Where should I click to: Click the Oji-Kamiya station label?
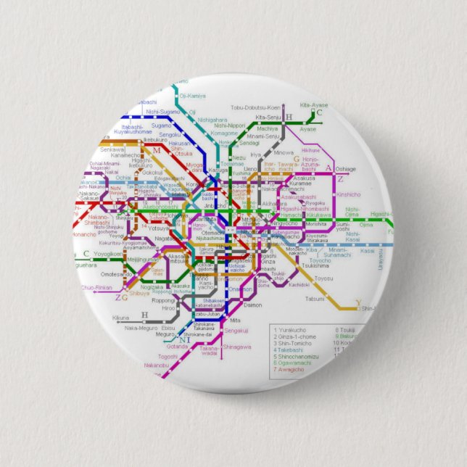pos(192,95)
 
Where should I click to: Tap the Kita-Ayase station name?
pos(313,104)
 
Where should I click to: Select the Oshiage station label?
pos(345,169)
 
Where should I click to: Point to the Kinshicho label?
pos(348,194)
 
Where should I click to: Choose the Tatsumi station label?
pos(315,299)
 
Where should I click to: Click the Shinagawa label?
pos(236,347)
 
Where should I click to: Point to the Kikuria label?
pos(120,318)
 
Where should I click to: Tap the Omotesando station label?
pos(116,274)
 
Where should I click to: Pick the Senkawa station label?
pos(112,149)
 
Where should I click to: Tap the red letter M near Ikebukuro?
pos(156,150)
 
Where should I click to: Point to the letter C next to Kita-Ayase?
pos(318,113)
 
